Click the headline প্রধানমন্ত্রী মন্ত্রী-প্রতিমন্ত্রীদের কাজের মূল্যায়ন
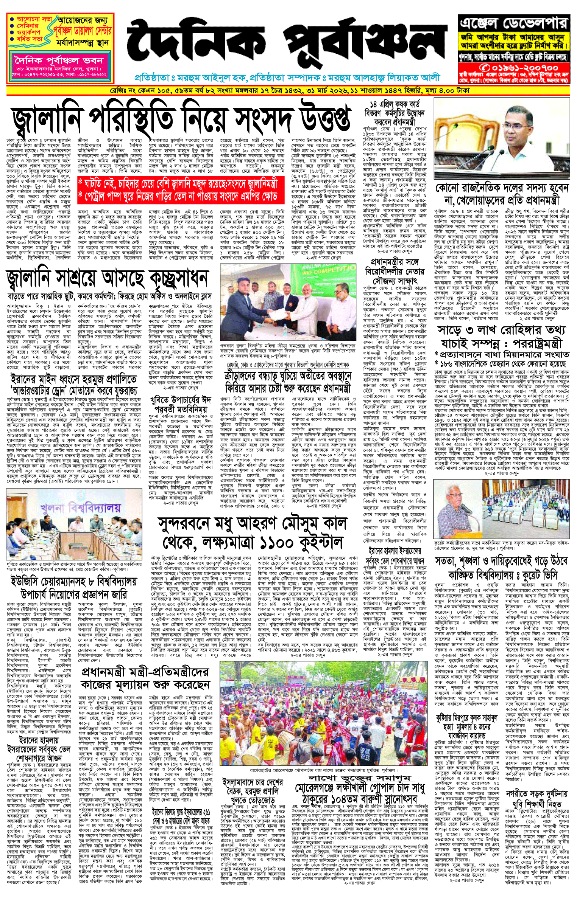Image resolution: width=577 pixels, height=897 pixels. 145,679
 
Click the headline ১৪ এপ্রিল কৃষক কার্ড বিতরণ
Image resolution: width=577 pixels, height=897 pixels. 395,113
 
